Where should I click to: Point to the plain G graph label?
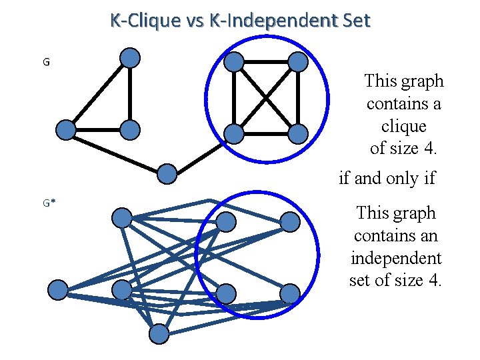coord(45,63)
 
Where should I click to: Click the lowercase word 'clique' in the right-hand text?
coord(404,126)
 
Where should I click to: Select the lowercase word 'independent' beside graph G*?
coord(396,258)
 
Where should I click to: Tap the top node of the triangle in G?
coord(131,58)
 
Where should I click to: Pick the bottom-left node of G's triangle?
coord(65,129)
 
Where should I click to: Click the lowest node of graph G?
coord(167,174)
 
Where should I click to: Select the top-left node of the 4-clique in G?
coord(234,62)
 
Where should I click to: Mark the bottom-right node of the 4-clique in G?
coord(298,133)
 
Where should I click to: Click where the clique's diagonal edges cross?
coord(266,98)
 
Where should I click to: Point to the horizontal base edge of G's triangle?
coord(98,129)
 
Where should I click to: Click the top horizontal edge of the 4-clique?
coord(266,62)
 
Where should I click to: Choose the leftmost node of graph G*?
coord(59,290)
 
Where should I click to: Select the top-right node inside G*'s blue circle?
coord(289,222)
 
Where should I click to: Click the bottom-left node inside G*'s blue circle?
coord(227,293)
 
